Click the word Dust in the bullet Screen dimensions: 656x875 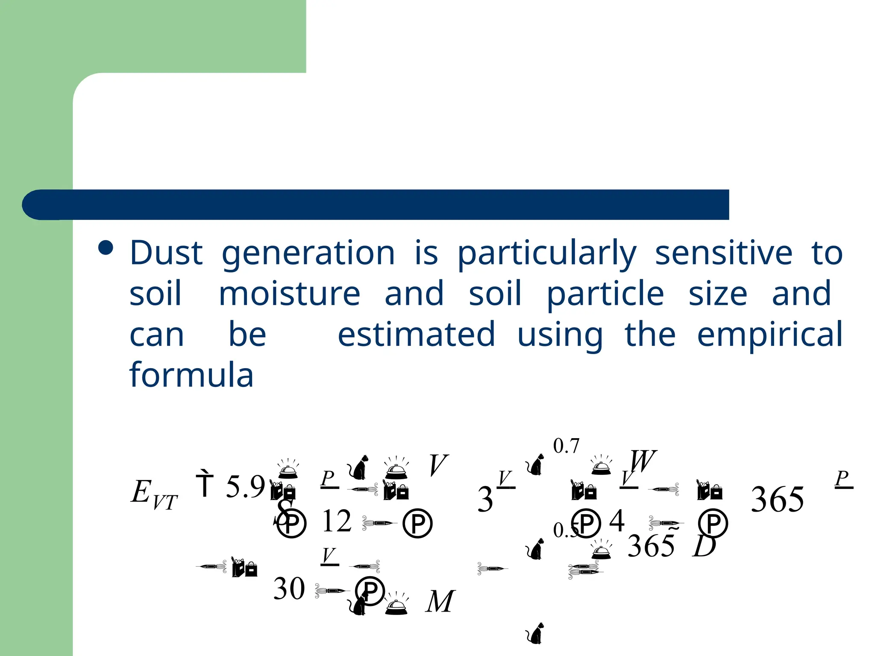click(x=166, y=253)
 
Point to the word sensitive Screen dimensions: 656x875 click(x=723, y=253)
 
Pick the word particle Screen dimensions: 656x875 click(x=605, y=295)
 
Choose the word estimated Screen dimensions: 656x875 click(x=416, y=334)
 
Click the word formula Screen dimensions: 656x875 click(x=191, y=375)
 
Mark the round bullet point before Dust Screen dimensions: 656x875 click(x=106, y=248)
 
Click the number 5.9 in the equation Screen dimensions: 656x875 click(x=245, y=487)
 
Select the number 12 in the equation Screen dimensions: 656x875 click(x=337, y=521)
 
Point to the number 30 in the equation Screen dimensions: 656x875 click(x=289, y=589)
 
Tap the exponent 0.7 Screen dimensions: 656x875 click(x=566, y=446)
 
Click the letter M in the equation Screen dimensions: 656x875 click(x=440, y=602)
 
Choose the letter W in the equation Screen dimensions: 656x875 click(x=643, y=461)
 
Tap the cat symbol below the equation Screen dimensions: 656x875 click(x=535, y=633)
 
